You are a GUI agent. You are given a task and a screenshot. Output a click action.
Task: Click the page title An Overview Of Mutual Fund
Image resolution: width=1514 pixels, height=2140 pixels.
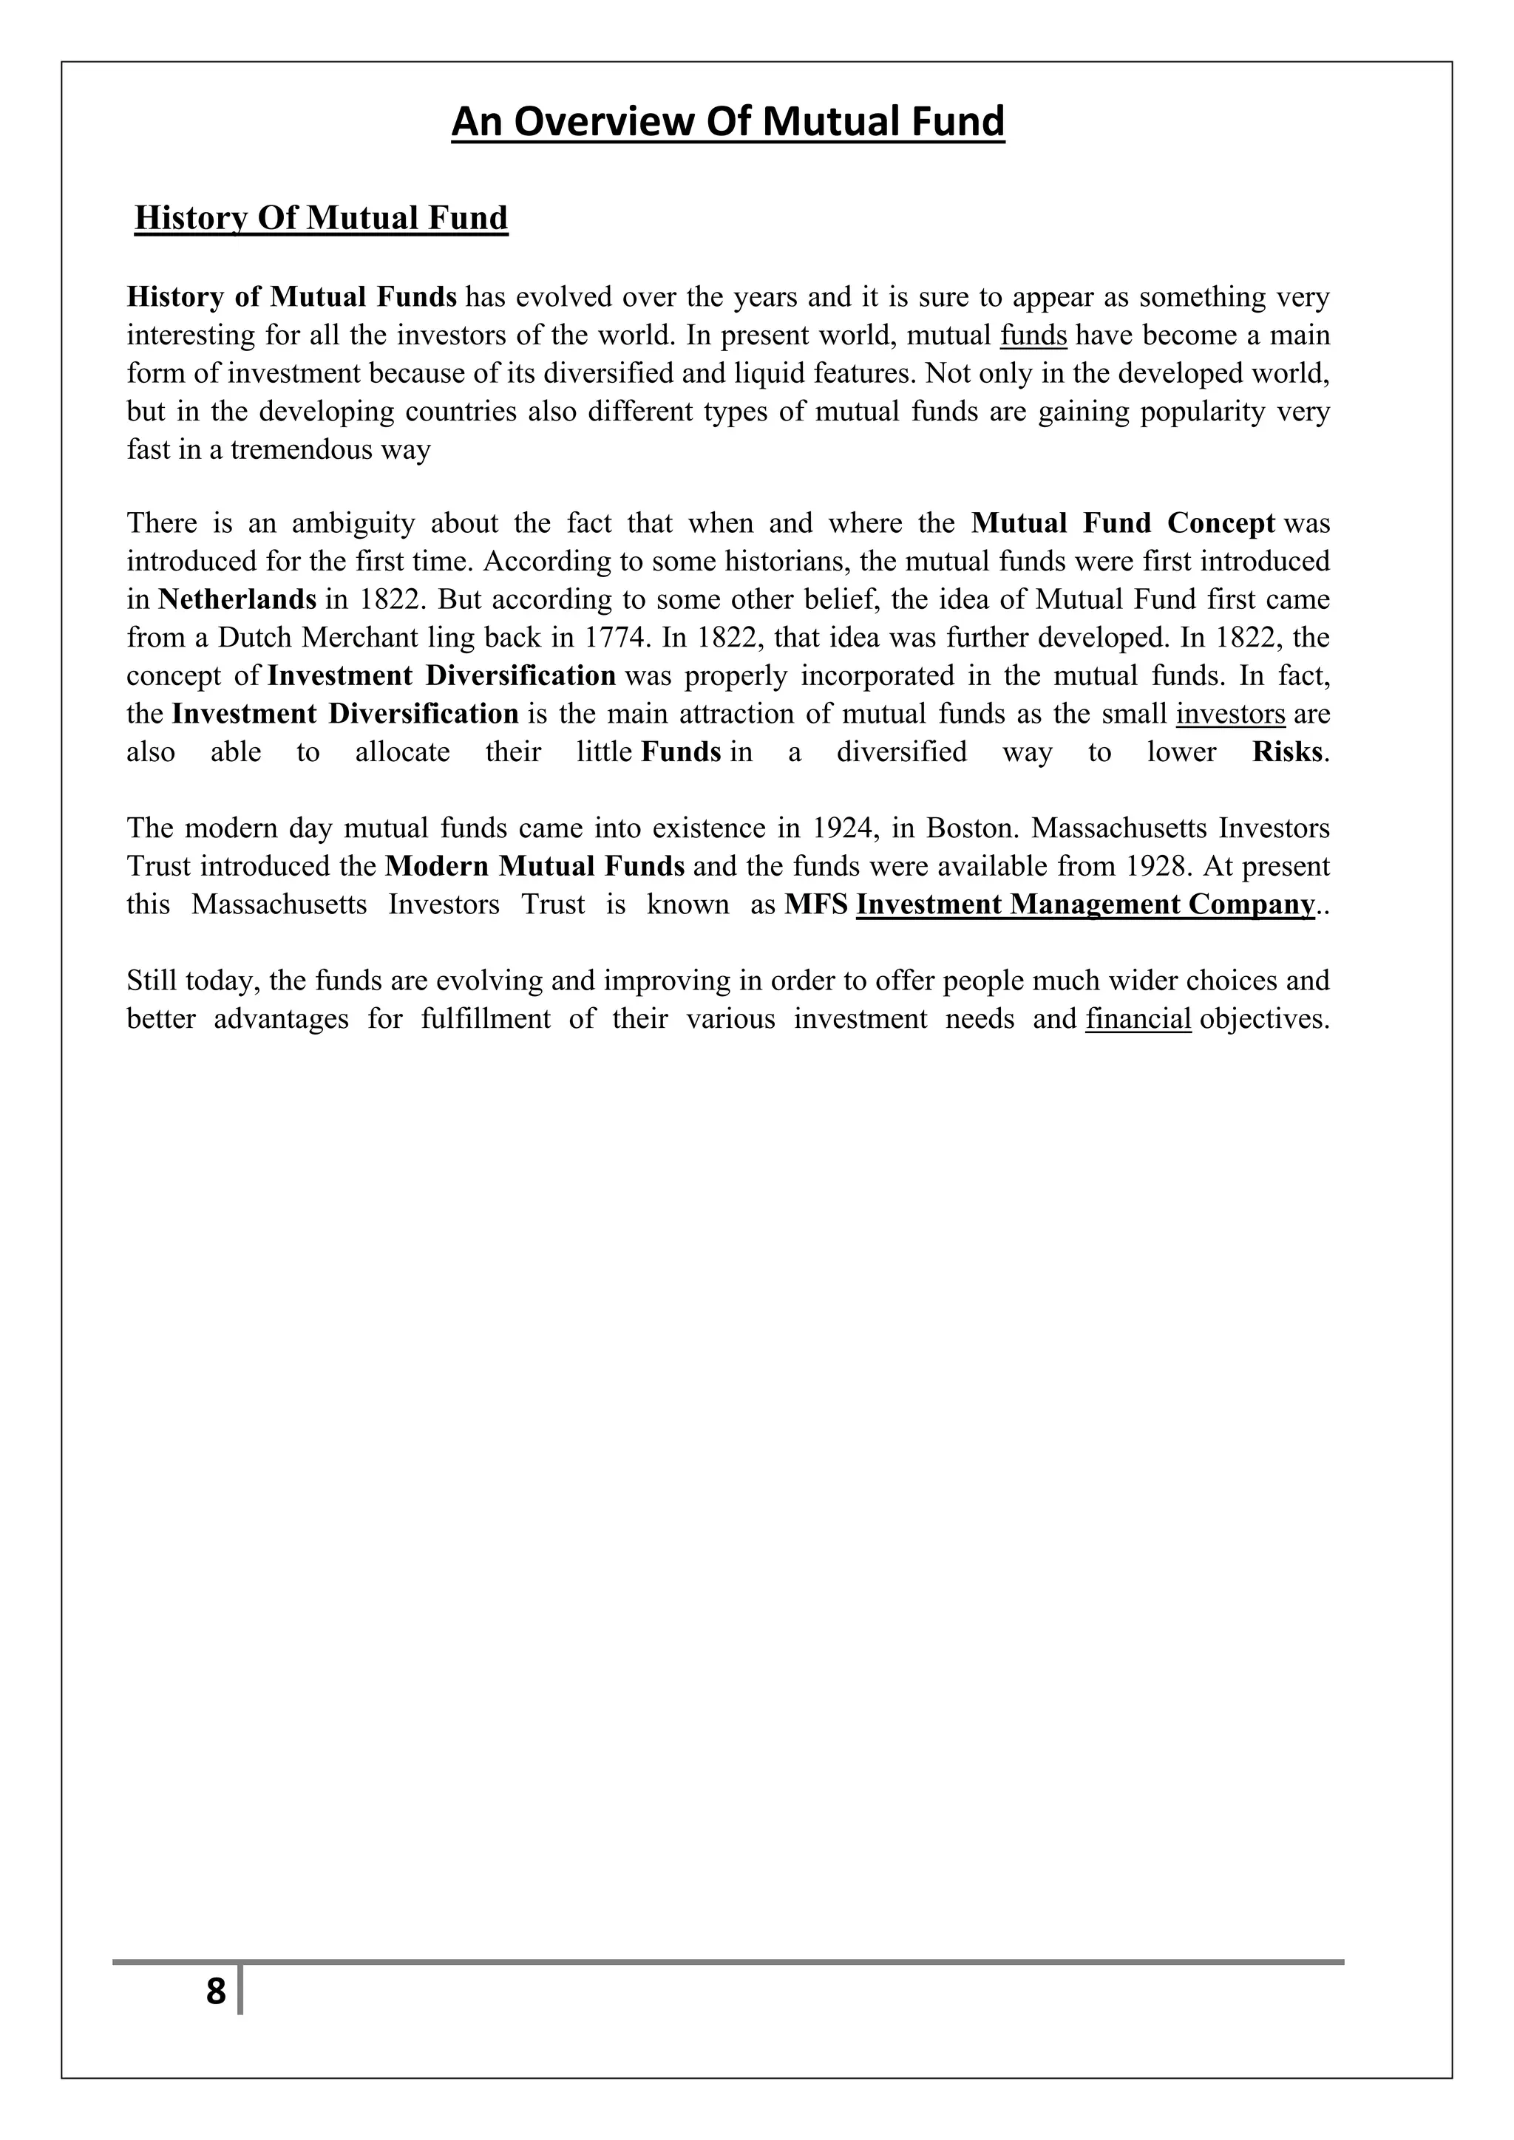click(x=728, y=122)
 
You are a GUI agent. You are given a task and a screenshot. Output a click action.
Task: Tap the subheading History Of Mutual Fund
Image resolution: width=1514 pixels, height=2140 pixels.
click(x=322, y=218)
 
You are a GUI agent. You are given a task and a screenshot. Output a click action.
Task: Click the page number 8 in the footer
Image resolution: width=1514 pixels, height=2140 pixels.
click(x=215, y=1991)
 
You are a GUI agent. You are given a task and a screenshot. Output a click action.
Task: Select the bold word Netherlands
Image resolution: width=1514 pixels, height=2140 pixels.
click(x=238, y=599)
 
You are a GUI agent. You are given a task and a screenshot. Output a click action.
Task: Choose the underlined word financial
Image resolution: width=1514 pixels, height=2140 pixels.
click(x=1138, y=1019)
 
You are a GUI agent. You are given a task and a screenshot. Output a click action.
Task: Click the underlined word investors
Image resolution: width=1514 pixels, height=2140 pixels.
click(x=1231, y=714)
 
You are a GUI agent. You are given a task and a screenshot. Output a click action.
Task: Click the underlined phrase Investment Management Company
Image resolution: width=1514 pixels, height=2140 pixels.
click(x=1085, y=904)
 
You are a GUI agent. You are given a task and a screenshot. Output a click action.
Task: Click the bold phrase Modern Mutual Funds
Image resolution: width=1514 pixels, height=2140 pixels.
click(x=535, y=866)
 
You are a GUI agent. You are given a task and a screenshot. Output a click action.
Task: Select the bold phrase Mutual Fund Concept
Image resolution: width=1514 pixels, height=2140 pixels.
click(x=1122, y=523)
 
